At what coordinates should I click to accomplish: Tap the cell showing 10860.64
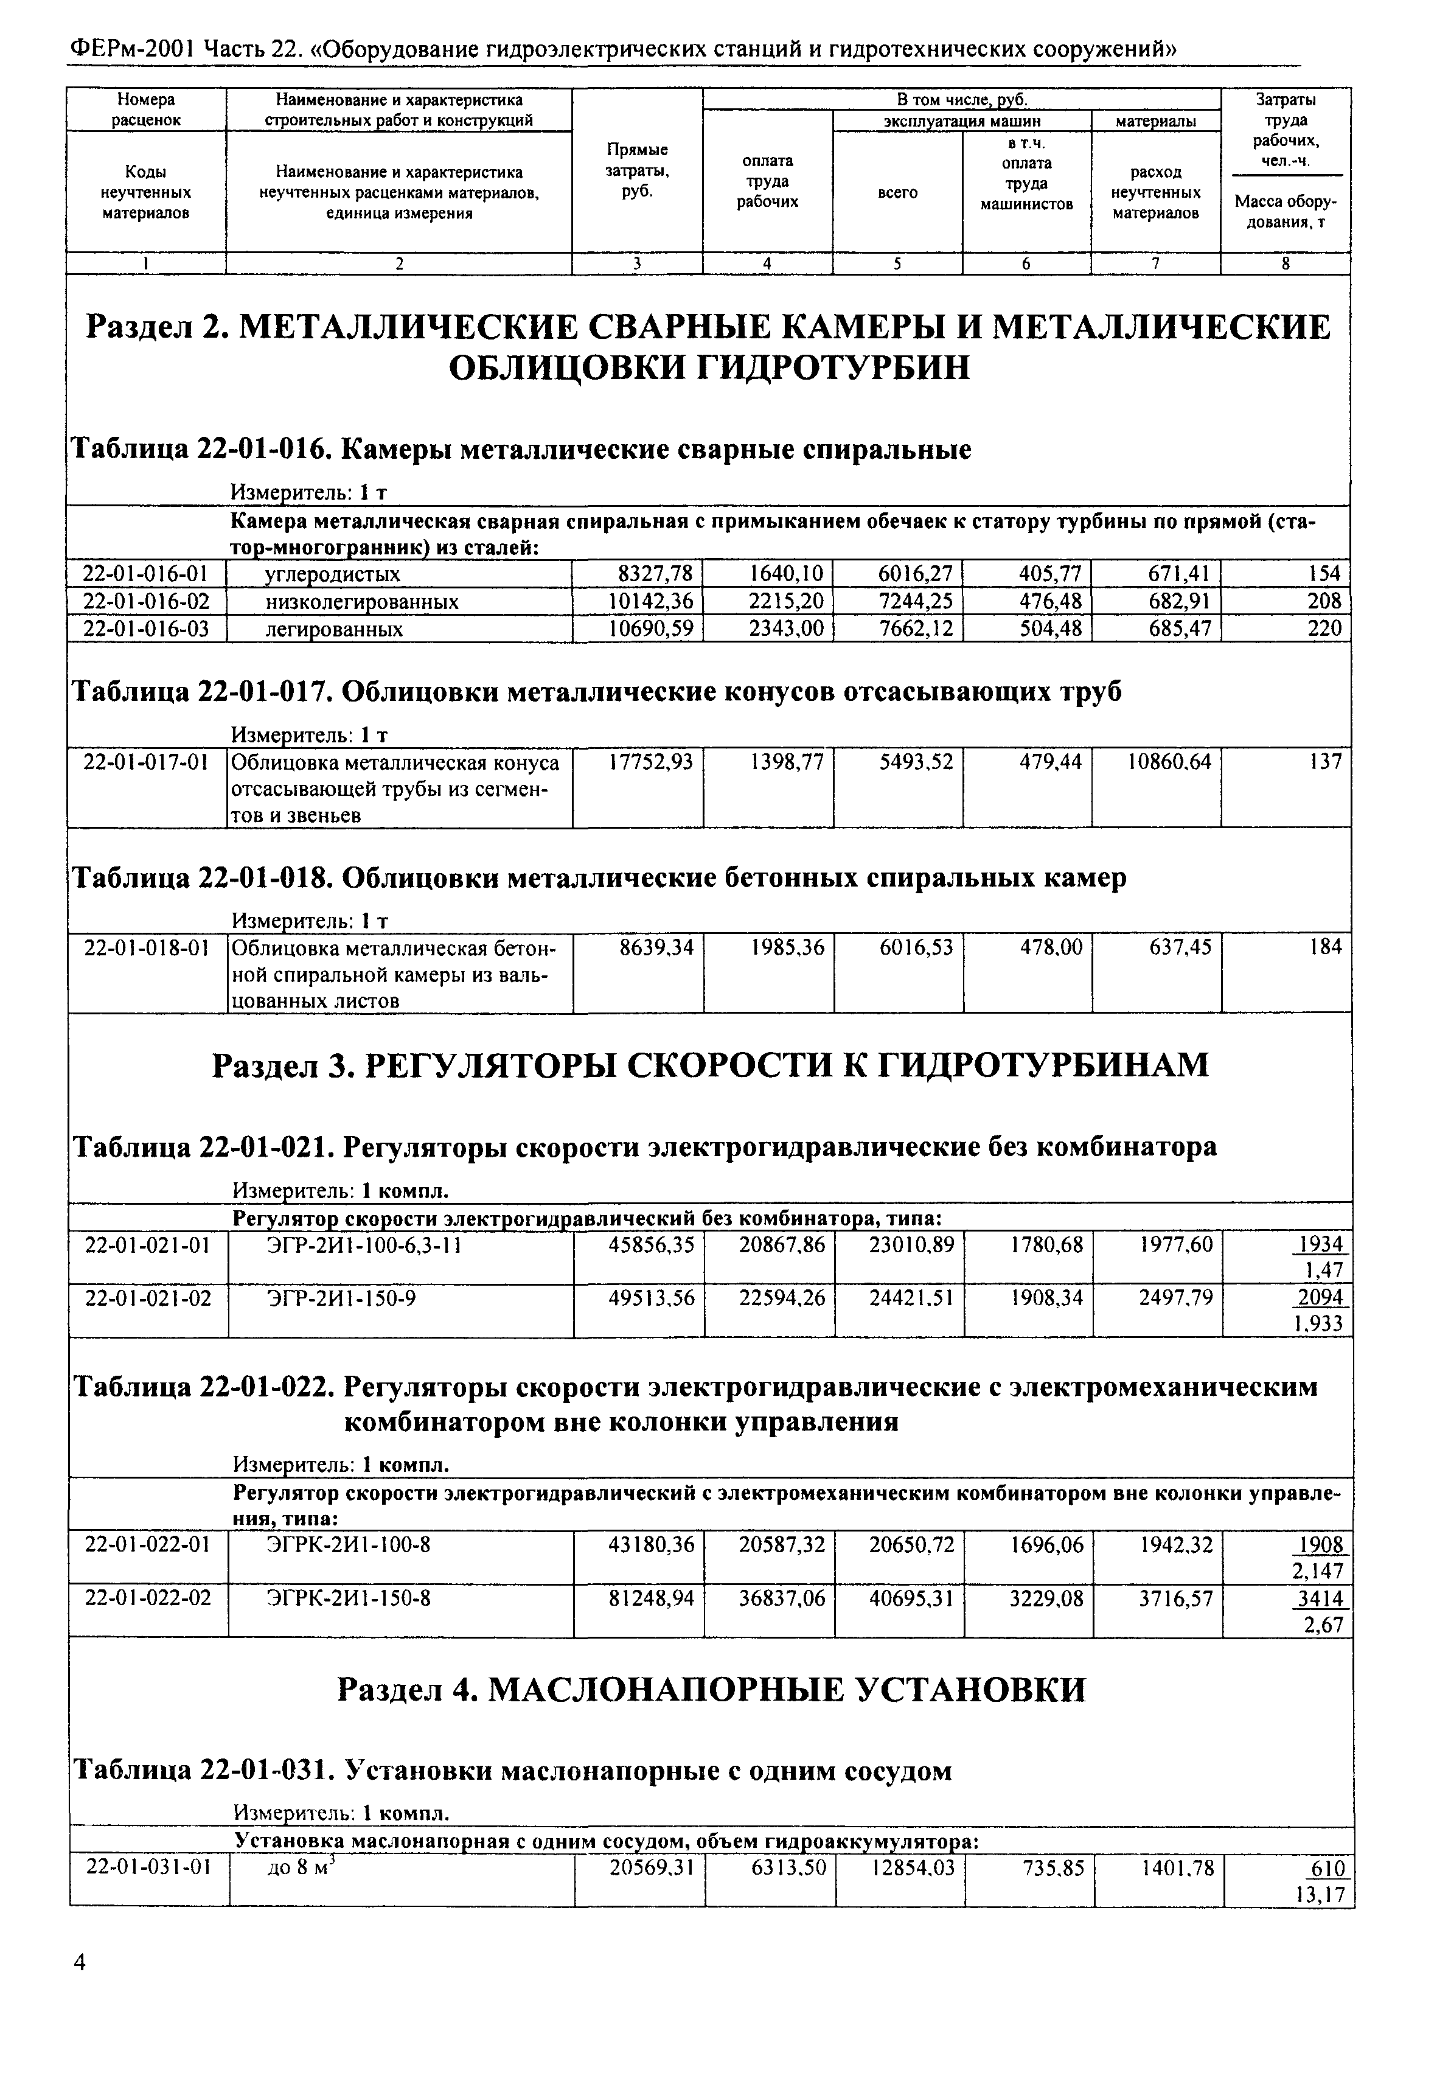1169,763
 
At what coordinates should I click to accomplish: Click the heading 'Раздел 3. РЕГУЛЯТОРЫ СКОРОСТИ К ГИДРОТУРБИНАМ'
709,1065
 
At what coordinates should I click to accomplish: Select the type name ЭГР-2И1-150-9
341,1298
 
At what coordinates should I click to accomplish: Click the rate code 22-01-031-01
148,1868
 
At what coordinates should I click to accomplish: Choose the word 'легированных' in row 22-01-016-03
333,629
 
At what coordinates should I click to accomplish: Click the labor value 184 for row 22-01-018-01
1324,947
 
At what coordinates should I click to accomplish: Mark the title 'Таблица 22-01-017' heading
596,692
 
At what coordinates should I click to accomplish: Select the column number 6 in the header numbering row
1026,264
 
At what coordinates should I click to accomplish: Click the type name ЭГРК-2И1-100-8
349,1546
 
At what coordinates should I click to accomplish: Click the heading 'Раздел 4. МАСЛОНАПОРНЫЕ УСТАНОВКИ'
711,1690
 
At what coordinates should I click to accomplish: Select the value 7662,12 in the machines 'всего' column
916,629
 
